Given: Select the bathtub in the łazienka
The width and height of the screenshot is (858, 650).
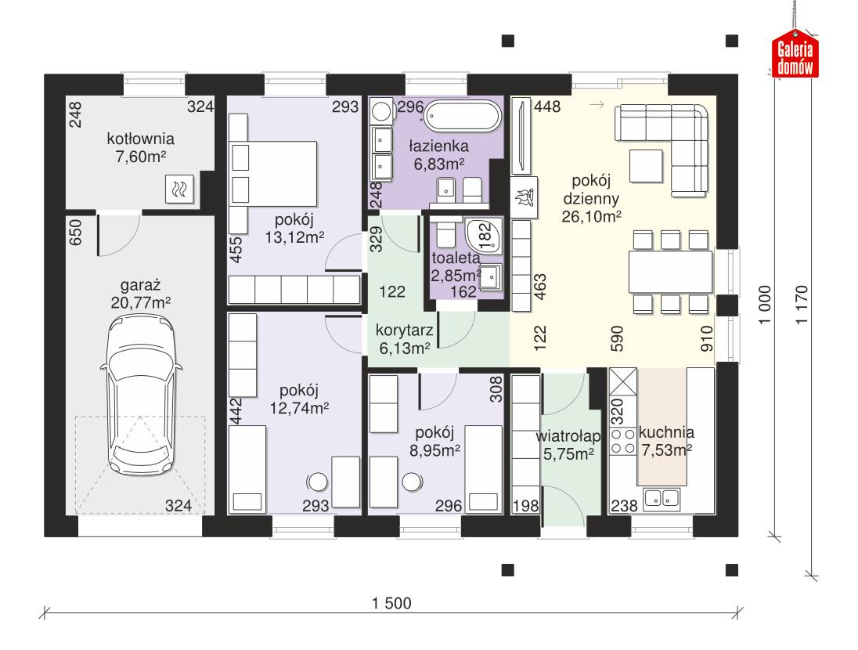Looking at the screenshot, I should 463,118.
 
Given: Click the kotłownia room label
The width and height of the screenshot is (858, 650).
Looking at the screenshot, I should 141,139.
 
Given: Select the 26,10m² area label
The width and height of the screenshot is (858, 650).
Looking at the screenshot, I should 591,215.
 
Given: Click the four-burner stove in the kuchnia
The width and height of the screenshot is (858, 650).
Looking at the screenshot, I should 623,441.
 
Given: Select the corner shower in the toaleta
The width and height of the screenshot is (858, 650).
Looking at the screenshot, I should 481,233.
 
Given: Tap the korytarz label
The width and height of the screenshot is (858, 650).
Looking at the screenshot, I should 399,331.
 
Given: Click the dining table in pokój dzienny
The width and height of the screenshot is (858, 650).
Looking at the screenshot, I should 670,271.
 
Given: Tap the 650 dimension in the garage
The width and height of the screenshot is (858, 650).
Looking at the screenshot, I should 76,233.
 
